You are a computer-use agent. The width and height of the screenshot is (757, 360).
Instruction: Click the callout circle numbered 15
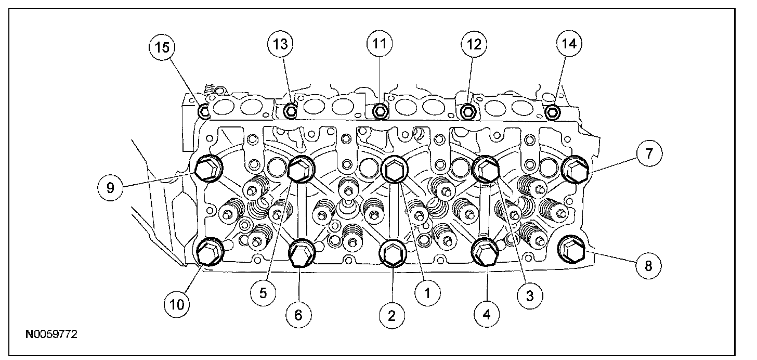click(162, 47)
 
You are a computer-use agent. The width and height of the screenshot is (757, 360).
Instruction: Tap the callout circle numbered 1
click(427, 293)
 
